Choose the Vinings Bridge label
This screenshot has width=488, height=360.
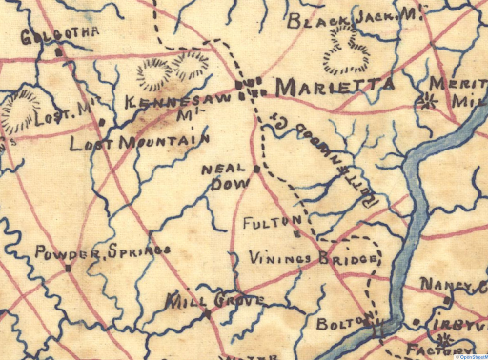(x=315, y=257)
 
